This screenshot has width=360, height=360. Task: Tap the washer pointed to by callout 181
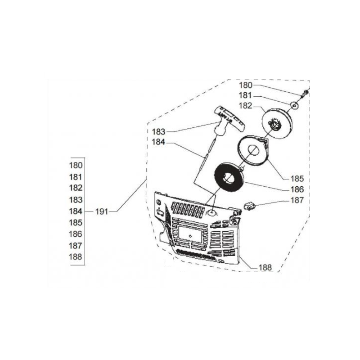tap(294, 106)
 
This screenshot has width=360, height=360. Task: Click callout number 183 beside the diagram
tap(159, 132)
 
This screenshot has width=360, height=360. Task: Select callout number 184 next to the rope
tap(158, 142)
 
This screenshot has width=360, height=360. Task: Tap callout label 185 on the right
tap(297, 179)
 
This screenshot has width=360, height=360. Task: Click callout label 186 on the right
tap(297, 189)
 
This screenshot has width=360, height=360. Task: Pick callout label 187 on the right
tap(297, 200)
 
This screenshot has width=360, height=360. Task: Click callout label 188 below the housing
tap(265, 267)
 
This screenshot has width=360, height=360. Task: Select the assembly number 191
tap(102, 211)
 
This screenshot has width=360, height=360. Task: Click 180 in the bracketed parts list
tap(76, 165)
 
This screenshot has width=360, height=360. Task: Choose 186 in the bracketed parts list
tap(76, 234)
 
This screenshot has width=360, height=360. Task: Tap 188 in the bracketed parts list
tap(76, 256)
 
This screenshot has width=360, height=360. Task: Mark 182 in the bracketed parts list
tap(76, 188)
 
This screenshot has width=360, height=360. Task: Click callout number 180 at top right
tap(246, 85)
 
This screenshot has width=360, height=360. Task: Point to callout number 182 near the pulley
tap(246, 106)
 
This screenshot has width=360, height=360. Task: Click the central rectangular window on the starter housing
tap(190, 235)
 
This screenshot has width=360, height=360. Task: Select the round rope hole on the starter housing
tap(212, 213)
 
